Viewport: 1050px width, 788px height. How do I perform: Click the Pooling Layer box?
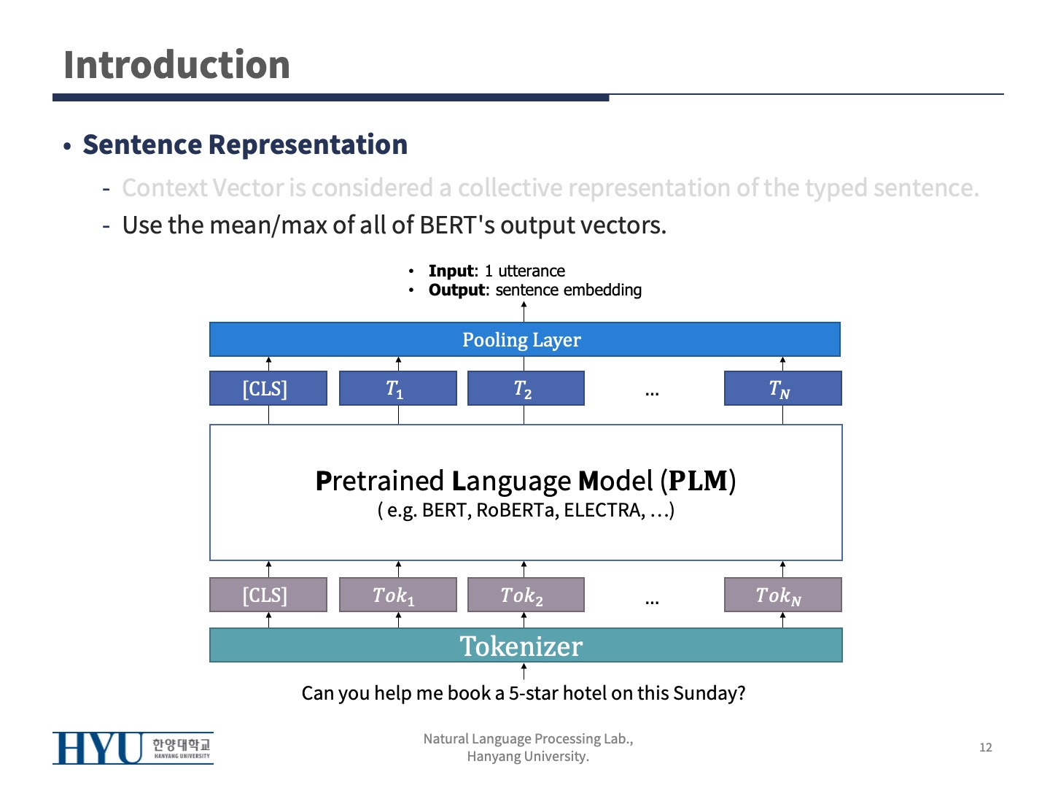pyautogui.click(x=524, y=339)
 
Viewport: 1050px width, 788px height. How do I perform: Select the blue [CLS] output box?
pyautogui.click(x=268, y=388)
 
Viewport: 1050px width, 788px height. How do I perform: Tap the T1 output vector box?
pyautogui.click(x=397, y=388)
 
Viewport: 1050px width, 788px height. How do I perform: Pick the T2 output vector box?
pyautogui.click(x=525, y=388)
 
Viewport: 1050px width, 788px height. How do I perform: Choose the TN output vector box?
pyautogui.click(x=782, y=388)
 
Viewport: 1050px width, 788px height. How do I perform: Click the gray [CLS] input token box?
pyautogui.click(x=268, y=595)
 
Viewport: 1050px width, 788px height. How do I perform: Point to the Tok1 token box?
pyautogui.click(x=397, y=595)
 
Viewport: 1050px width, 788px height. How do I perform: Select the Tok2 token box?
pyautogui.click(x=525, y=595)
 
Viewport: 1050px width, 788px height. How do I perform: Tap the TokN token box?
pyautogui.click(x=782, y=595)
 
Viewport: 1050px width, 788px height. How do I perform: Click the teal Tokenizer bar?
pyautogui.click(x=525, y=646)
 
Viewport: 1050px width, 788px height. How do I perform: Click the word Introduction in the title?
pyautogui.click(x=176, y=65)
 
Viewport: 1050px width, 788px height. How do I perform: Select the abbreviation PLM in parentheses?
pyautogui.click(x=698, y=481)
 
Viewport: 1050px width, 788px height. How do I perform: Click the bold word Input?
pyautogui.click(x=451, y=271)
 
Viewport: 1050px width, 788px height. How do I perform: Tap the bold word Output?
pyautogui.click(x=456, y=290)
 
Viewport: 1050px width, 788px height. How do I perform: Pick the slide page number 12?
pyautogui.click(x=985, y=747)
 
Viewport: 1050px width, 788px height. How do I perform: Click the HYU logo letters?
pyautogui.click(x=98, y=748)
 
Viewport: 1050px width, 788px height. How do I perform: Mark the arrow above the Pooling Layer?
pyautogui.click(x=524, y=311)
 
